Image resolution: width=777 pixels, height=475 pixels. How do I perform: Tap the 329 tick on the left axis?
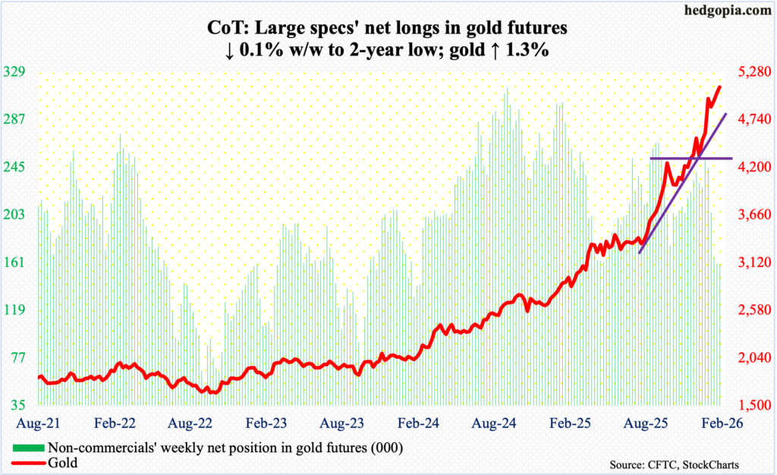(x=16, y=72)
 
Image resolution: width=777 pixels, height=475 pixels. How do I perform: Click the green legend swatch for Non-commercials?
(x=29, y=447)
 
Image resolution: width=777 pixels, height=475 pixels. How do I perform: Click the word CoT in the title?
(x=225, y=30)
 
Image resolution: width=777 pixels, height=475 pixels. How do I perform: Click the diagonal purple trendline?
(x=683, y=182)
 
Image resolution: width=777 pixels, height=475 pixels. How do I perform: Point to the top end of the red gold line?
(x=719, y=87)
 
